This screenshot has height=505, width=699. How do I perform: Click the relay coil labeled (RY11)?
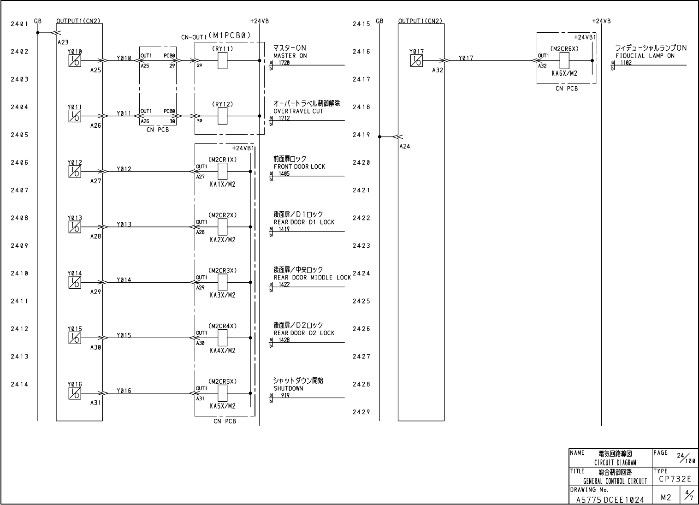click(223, 61)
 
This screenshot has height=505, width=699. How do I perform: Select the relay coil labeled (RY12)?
click(223, 116)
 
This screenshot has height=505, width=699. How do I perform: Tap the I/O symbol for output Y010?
click(75, 60)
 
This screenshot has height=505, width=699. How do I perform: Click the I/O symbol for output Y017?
click(416, 60)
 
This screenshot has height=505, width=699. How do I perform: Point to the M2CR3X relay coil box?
click(223, 282)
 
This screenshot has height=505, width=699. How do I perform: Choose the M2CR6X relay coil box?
click(564, 61)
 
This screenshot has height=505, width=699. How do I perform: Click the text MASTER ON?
click(290, 56)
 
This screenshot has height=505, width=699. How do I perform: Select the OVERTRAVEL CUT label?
click(298, 111)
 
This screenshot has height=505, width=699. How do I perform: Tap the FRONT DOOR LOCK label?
click(299, 166)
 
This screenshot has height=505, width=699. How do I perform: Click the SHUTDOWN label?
click(289, 388)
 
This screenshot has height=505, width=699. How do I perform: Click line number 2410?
click(20, 273)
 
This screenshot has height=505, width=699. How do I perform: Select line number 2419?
click(361, 135)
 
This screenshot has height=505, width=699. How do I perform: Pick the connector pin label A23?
click(63, 42)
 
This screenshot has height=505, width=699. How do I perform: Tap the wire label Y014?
click(124, 280)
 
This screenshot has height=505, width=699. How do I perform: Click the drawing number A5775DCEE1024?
click(610, 499)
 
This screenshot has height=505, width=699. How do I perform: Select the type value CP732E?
click(675, 479)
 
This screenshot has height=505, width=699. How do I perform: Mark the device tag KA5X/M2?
click(223, 406)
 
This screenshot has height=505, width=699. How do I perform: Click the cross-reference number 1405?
click(284, 173)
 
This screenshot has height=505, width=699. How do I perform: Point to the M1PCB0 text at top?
click(229, 35)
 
